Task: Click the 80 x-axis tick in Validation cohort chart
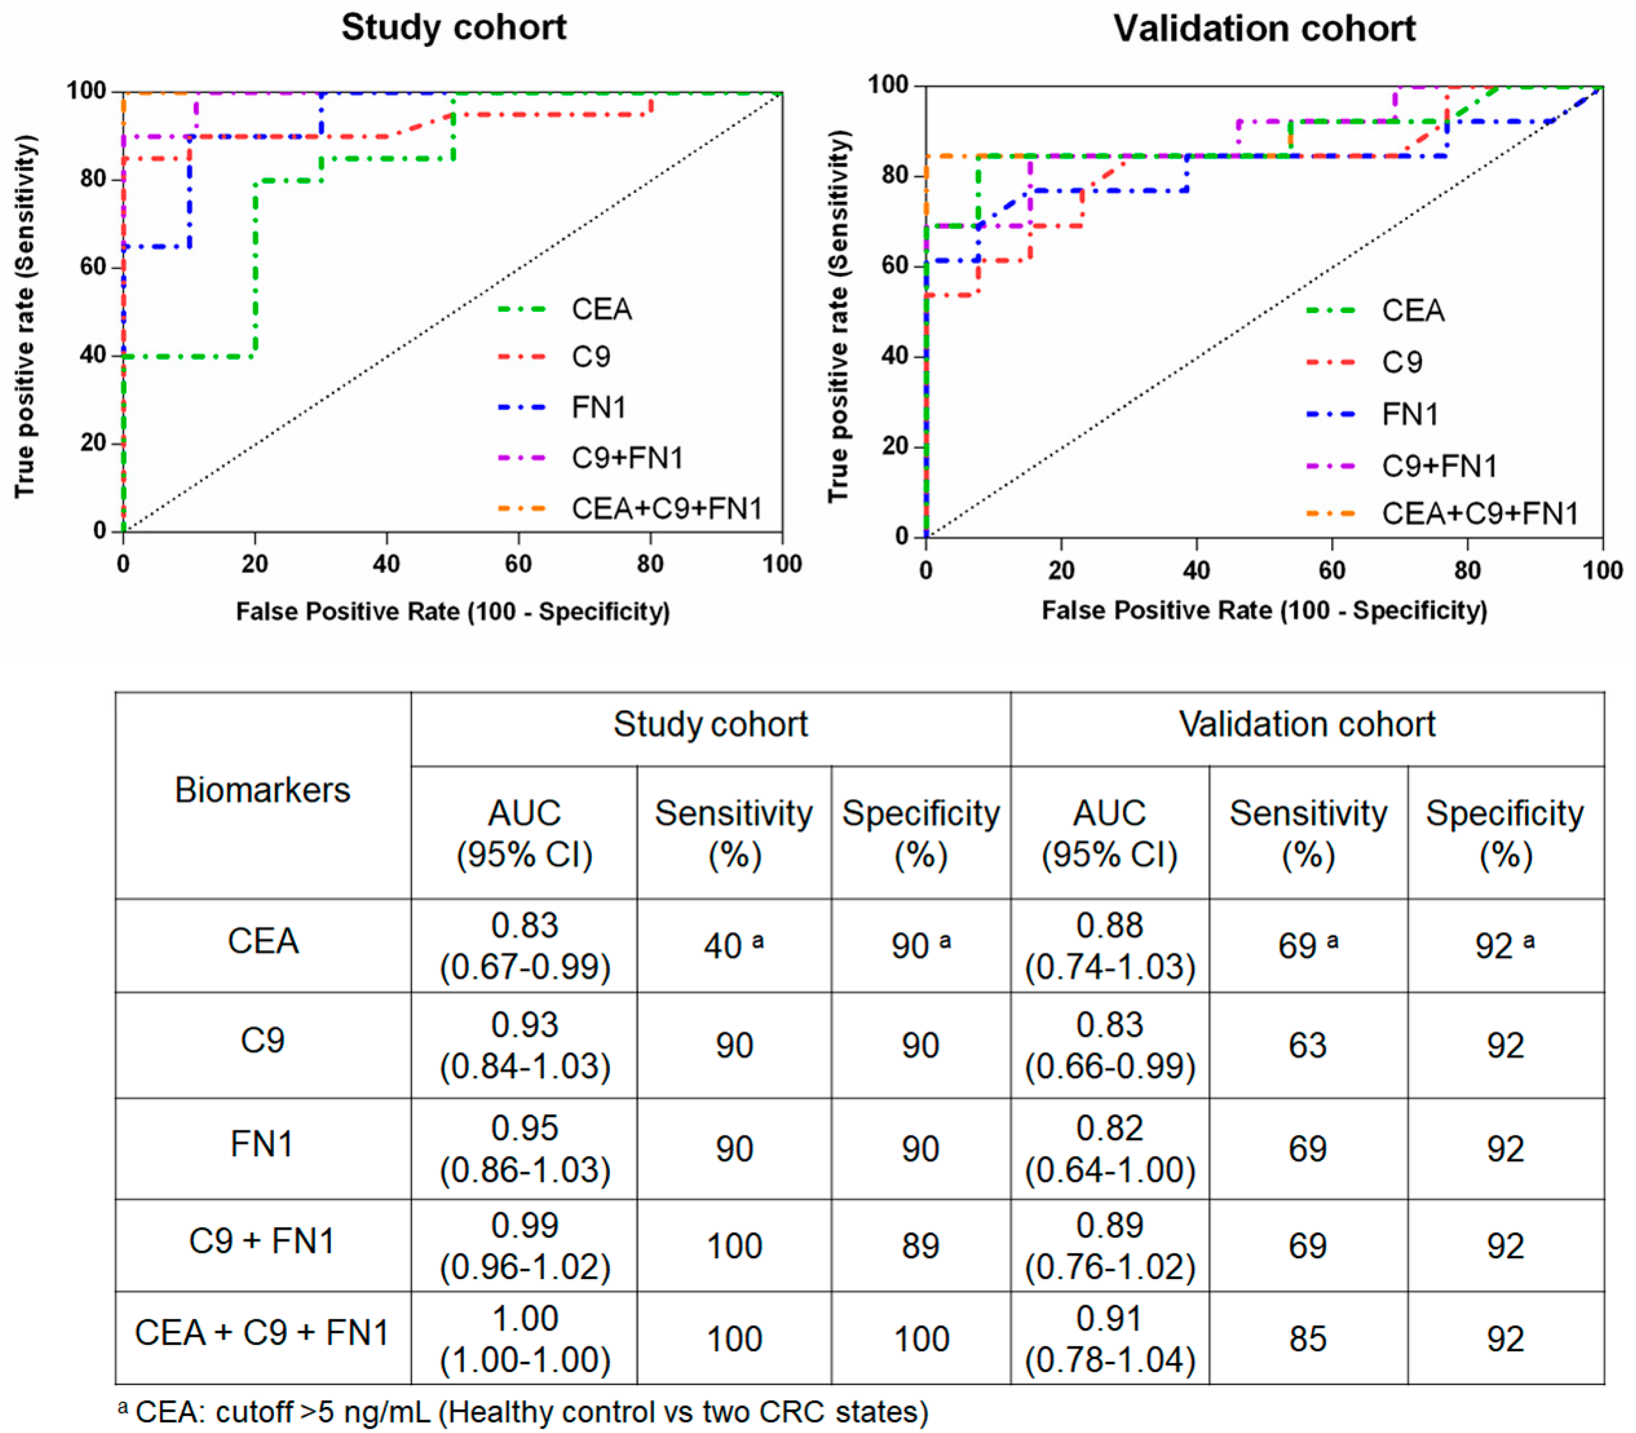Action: [1467, 570]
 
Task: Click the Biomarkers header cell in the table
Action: [262, 790]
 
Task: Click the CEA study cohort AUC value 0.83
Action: [525, 925]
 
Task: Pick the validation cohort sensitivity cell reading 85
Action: [1308, 1339]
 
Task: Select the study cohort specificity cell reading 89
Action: [920, 1246]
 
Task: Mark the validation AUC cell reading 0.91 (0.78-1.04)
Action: [1110, 1339]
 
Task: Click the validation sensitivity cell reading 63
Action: [1308, 1045]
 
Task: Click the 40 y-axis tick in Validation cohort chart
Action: [896, 356]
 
